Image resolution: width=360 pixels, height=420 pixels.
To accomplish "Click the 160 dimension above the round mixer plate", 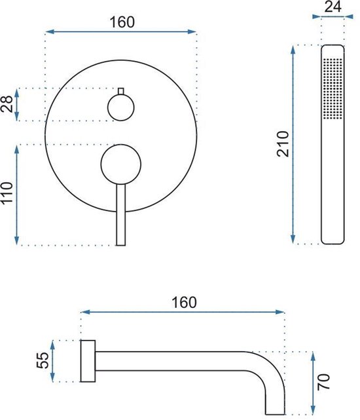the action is (x=122, y=22).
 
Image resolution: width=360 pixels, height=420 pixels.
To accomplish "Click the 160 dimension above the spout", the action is (x=184, y=303).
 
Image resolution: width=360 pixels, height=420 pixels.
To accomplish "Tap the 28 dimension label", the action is (x=7, y=104).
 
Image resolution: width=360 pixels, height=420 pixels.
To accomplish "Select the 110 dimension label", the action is (x=7, y=193).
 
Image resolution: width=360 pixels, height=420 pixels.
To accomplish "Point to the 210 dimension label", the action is (x=283, y=144).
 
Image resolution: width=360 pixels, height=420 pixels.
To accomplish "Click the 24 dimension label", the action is (x=333, y=7).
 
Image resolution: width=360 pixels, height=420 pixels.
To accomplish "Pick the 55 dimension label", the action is (x=43, y=360).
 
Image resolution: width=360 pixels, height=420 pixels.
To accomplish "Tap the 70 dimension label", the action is (x=323, y=382).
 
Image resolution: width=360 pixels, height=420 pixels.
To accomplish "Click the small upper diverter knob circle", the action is (x=120, y=107).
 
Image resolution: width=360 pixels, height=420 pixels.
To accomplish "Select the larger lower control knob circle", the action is (x=121, y=164).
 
